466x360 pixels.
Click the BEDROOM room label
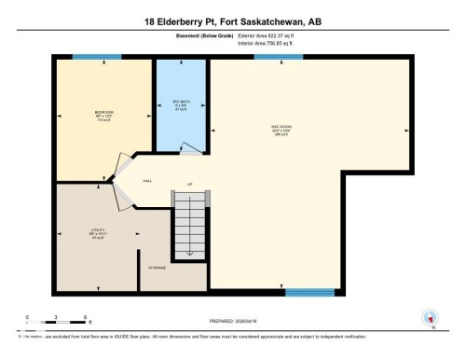(103, 115)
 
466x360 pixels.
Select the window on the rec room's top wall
(271, 58)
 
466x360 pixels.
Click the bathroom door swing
(189, 147)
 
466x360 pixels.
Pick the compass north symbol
(430, 318)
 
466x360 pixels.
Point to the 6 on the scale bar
(86, 317)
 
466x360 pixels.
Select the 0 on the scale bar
(27, 317)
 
